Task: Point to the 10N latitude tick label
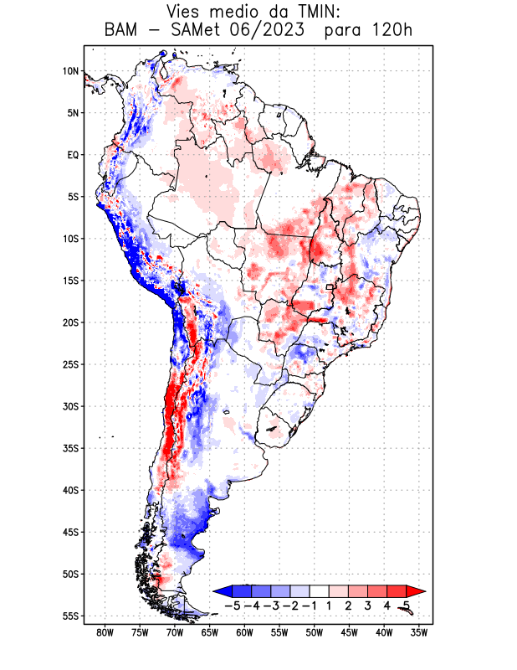click(x=70, y=71)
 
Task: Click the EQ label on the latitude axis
click(x=72, y=155)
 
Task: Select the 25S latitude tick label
click(x=69, y=364)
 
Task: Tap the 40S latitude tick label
click(x=69, y=490)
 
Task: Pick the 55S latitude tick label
click(x=69, y=616)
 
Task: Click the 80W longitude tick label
click(x=105, y=632)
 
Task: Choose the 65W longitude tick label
click(x=210, y=632)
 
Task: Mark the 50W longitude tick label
click(x=315, y=632)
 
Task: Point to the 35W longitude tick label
click(x=419, y=632)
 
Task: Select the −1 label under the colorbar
click(x=310, y=606)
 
